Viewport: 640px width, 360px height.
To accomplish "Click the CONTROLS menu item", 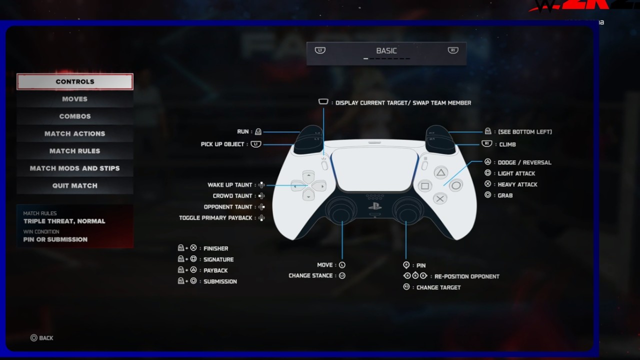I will [x=75, y=81].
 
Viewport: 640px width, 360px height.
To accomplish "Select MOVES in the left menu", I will [x=75, y=99].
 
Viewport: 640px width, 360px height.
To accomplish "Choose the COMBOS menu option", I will [x=75, y=116].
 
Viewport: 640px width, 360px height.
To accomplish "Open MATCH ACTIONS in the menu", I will [x=75, y=133].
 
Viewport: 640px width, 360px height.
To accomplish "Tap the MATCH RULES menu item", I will [x=75, y=151].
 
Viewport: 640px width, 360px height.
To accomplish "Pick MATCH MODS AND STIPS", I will [x=75, y=168].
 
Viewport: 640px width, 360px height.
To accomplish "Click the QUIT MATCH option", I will [x=75, y=185].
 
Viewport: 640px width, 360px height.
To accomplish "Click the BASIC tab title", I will [x=386, y=51].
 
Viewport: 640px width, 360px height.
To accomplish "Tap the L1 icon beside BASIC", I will [x=320, y=50].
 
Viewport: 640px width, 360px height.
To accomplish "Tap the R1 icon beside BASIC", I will [x=453, y=50].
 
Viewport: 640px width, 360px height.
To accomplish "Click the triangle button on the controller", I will [x=440, y=173].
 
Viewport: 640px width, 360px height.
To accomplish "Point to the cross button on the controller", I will [x=440, y=198].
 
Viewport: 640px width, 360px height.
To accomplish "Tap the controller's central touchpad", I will [x=374, y=168].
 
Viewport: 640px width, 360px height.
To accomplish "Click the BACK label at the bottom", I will [x=46, y=338].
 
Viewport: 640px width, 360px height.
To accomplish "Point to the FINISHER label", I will [x=215, y=248].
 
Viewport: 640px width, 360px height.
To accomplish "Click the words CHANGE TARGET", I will [x=438, y=287].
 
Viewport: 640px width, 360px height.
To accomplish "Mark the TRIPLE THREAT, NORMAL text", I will [x=64, y=221].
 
